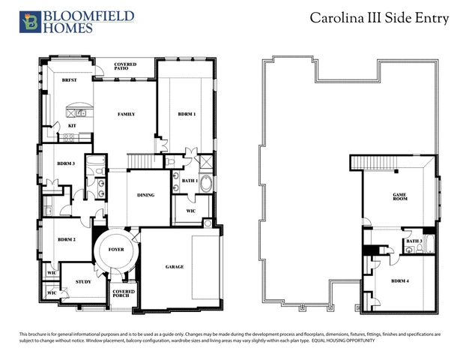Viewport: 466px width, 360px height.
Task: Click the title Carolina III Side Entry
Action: (x=379, y=19)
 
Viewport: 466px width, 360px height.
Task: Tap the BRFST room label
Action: (x=69, y=79)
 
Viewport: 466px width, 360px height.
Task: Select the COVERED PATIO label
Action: (x=125, y=67)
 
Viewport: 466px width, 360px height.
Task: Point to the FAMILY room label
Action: (x=126, y=114)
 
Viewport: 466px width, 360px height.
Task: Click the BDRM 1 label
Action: (x=187, y=114)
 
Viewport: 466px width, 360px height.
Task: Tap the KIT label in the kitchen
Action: (x=72, y=125)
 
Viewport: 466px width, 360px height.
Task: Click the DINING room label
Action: (x=145, y=195)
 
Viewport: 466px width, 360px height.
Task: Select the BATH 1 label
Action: (x=190, y=181)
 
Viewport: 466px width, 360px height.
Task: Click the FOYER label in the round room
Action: (x=116, y=248)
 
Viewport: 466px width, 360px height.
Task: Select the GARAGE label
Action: (x=175, y=266)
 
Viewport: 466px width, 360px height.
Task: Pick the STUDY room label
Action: (x=83, y=282)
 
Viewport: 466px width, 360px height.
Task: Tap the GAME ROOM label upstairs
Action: (x=400, y=196)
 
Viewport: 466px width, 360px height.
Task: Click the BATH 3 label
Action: (x=414, y=241)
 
